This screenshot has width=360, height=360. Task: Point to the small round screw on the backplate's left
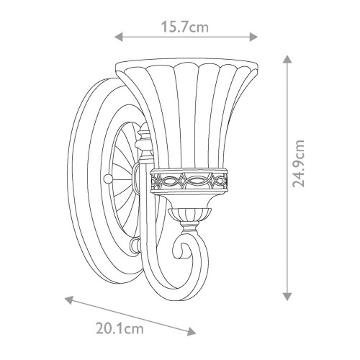(x=108, y=177)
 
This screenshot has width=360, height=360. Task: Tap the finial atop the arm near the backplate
(x=144, y=133)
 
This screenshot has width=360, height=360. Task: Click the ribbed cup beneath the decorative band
(x=189, y=212)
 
